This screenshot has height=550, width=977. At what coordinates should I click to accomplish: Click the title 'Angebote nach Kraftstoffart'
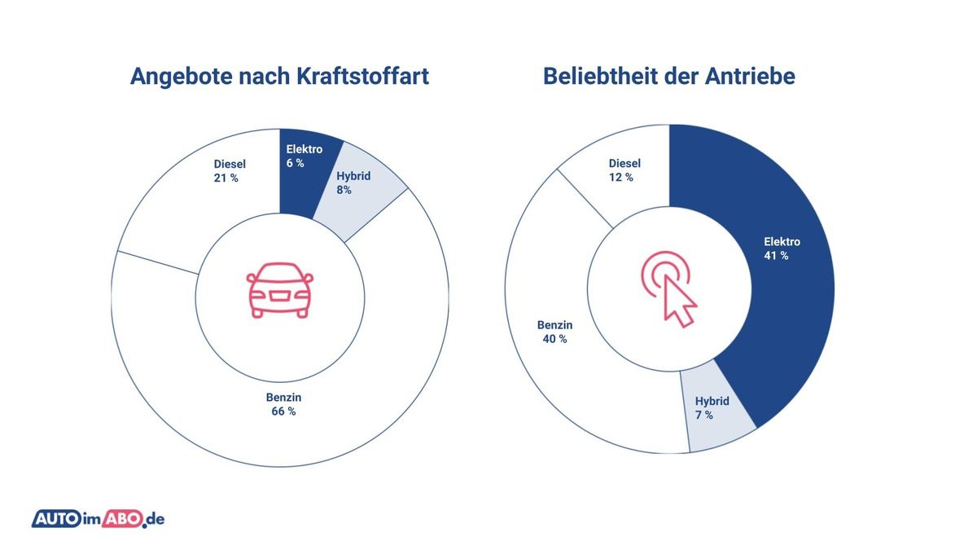tap(279, 77)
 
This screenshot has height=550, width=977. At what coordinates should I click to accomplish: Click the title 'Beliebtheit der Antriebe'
tap(669, 77)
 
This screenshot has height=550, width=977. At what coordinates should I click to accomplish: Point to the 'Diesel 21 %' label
tap(230, 171)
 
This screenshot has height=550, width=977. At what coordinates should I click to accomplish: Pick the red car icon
tap(279, 290)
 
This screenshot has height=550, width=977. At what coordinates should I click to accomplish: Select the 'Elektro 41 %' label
tap(782, 249)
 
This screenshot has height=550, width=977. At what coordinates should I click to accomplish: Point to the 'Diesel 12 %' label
tap(624, 170)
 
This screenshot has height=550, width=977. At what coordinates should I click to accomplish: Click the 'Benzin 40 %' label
tap(554, 332)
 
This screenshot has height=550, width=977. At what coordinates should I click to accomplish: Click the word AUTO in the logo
tap(55, 518)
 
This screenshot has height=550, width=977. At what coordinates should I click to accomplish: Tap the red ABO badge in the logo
tap(120, 518)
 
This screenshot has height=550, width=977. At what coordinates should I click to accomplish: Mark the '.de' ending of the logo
tap(154, 519)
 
